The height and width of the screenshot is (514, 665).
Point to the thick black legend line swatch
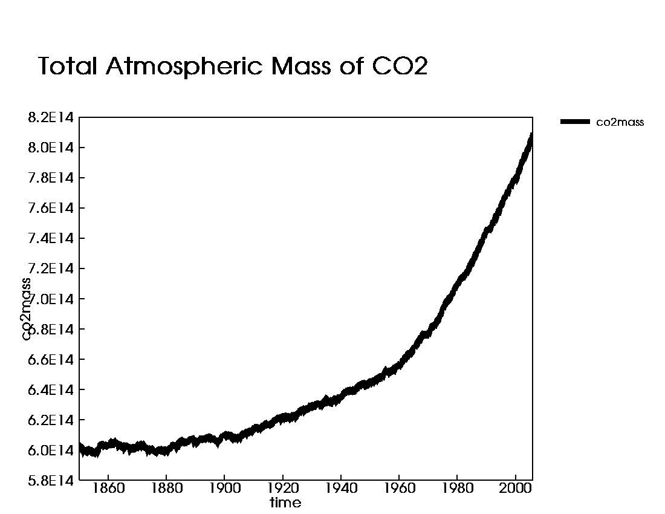[x=575, y=122]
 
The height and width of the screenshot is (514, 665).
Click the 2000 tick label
[x=516, y=488]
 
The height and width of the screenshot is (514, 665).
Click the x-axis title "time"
[x=285, y=503]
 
